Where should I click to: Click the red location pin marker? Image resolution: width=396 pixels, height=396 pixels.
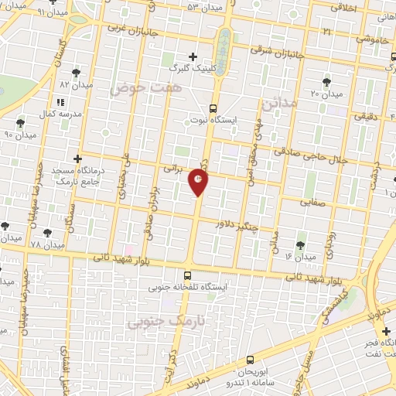pyautogui.click(x=199, y=182)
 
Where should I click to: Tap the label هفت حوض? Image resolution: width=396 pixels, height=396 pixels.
pyautogui.click(x=138, y=89)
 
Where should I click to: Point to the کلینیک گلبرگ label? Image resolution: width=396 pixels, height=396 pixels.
pyautogui.click(x=193, y=67)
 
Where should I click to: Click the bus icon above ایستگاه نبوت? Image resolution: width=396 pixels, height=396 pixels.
pyautogui.click(x=213, y=108)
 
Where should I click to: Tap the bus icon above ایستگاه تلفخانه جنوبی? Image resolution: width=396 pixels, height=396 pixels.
pyautogui.click(x=188, y=275)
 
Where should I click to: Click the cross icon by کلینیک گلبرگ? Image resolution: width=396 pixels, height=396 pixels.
pyautogui.click(x=193, y=56)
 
